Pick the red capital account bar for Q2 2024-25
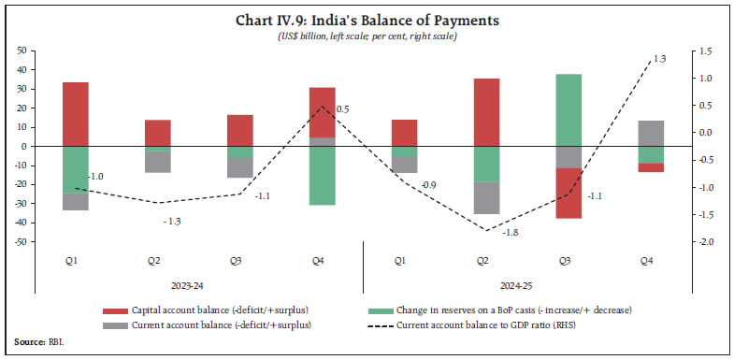(x=486, y=111)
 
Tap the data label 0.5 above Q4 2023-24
(x=342, y=109)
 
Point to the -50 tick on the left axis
(x=19, y=241)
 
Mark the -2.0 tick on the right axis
(x=704, y=241)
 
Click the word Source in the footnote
(x=28, y=343)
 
